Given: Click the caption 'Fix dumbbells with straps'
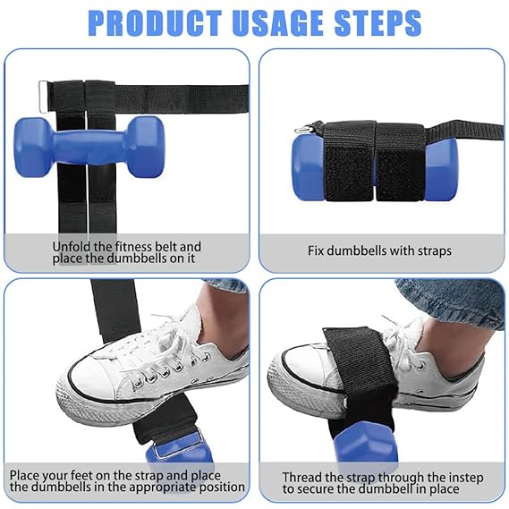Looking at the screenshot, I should [x=379, y=251].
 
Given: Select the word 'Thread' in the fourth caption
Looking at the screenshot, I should [x=301, y=477].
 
